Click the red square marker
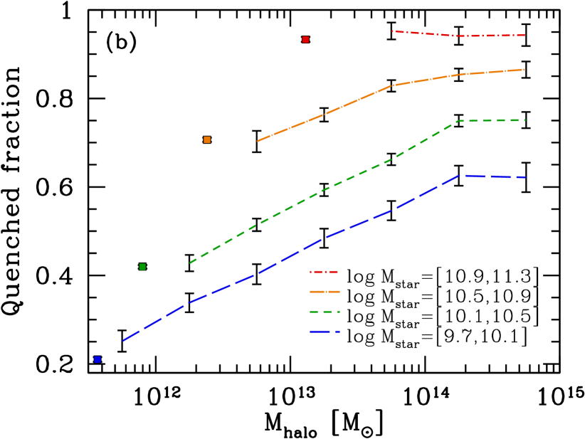(305, 39)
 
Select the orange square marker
(207, 139)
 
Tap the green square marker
(142, 267)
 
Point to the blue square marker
(97, 359)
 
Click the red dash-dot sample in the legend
(324, 272)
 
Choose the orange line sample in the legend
(325, 292)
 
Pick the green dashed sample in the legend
(325, 312)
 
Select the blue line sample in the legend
(325, 332)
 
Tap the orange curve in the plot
(356, 101)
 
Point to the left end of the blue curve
(123, 341)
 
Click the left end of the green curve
(190, 263)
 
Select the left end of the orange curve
(258, 141)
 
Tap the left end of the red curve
(392, 31)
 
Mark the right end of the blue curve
(525, 177)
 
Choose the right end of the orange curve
(525, 70)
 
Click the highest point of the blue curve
(460, 175)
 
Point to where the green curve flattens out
(460, 121)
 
